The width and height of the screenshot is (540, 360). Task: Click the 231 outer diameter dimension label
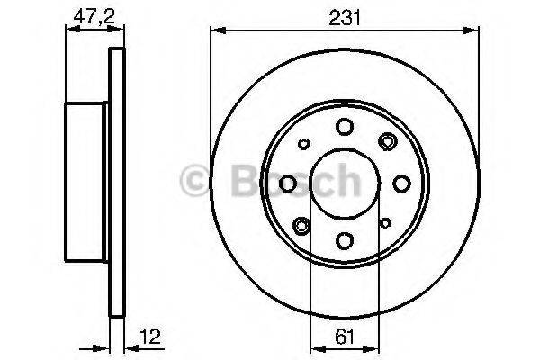coord(344,18)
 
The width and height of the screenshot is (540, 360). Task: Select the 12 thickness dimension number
coord(150,337)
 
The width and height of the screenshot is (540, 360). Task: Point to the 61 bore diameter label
coord(345,337)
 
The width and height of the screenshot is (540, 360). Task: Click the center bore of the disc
coord(345,184)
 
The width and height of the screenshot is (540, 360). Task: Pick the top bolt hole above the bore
coord(345,126)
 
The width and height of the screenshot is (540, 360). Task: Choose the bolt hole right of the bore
coord(401,184)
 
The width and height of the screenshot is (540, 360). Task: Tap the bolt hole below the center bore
coord(345,240)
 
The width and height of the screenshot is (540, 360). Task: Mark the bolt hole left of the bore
coord(288,184)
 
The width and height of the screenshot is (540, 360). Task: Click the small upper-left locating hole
coord(304,144)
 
